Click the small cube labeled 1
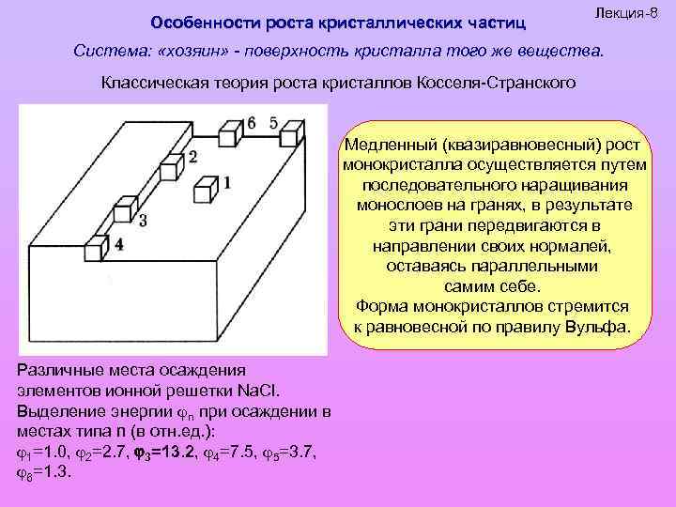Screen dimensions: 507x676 pyautogui.click(x=204, y=191)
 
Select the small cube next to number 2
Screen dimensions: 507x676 pyautogui.click(x=172, y=166)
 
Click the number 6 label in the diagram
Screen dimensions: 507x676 pyautogui.click(x=251, y=122)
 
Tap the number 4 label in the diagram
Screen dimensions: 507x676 pyautogui.click(x=118, y=245)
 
